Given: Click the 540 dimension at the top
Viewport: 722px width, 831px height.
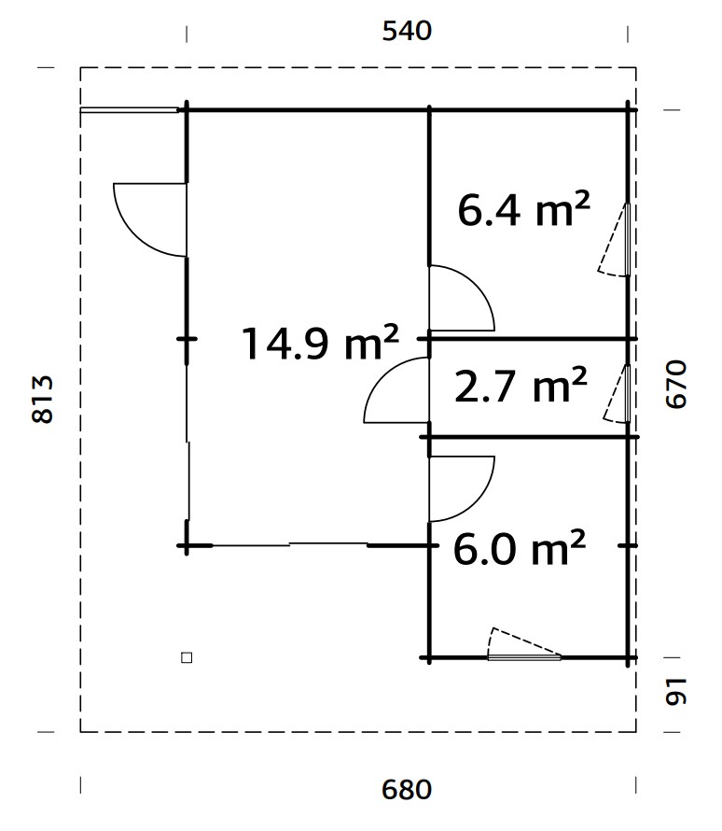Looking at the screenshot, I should [x=408, y=31].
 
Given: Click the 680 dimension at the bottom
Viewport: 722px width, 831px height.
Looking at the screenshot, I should [x=408, y=790].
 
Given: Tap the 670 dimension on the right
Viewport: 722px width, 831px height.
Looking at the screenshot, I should [x=678, y=384].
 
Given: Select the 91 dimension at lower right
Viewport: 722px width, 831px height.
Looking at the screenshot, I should [x=678, y=692].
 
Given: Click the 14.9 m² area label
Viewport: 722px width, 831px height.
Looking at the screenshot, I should [x=320, y=342].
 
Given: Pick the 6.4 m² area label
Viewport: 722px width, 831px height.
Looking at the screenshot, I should [x=523, y=211].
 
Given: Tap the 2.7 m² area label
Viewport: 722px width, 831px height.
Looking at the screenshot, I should [x=520, y=386].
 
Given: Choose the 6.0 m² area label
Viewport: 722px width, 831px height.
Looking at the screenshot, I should [x=519, y=549].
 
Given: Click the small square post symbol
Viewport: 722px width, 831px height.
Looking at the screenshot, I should [x=187, y=657].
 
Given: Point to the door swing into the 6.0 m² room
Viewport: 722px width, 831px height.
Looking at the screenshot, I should [x=460, y=487].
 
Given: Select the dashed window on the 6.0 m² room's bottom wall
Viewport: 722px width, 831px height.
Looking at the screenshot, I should [x=523, y=645].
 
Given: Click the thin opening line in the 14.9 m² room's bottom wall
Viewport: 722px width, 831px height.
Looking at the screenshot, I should [x=289, y=544].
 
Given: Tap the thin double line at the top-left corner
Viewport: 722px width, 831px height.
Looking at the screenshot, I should [x=129, y=110].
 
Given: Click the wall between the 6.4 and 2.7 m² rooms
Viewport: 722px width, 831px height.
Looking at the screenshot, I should [x=532, y=338].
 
